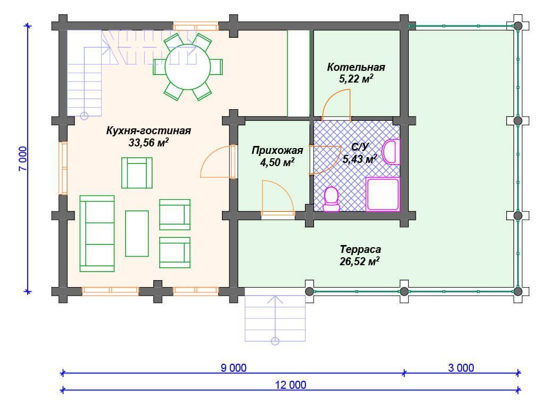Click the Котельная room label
tap(356, 67)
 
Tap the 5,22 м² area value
tap(356, 79)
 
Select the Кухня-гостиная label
tap(148, 131)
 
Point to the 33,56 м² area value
tap(148, 142)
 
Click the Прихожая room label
tap(277, 150)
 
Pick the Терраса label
tap(360, 249)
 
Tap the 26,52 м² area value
tap(359, 261)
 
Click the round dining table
tap(188, 67)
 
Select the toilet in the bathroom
tap(331, 199)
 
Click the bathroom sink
tap(391, 152)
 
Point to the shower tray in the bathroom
tap(383, 194)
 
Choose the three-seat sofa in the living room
tap(97, 233)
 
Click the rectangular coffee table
tap(137, 233)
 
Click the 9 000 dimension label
tap(234, 367)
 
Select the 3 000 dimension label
tap(461, 367)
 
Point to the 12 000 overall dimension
tap(291, 385)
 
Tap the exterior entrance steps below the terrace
tap(275, 318)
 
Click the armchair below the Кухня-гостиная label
tap(137, 173)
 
